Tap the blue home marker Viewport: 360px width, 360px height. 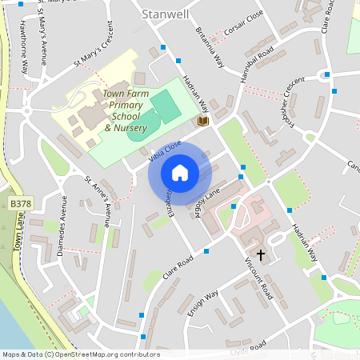(180, 173)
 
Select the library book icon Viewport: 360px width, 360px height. (203, 121)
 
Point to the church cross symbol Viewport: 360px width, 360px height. (261, 254)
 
